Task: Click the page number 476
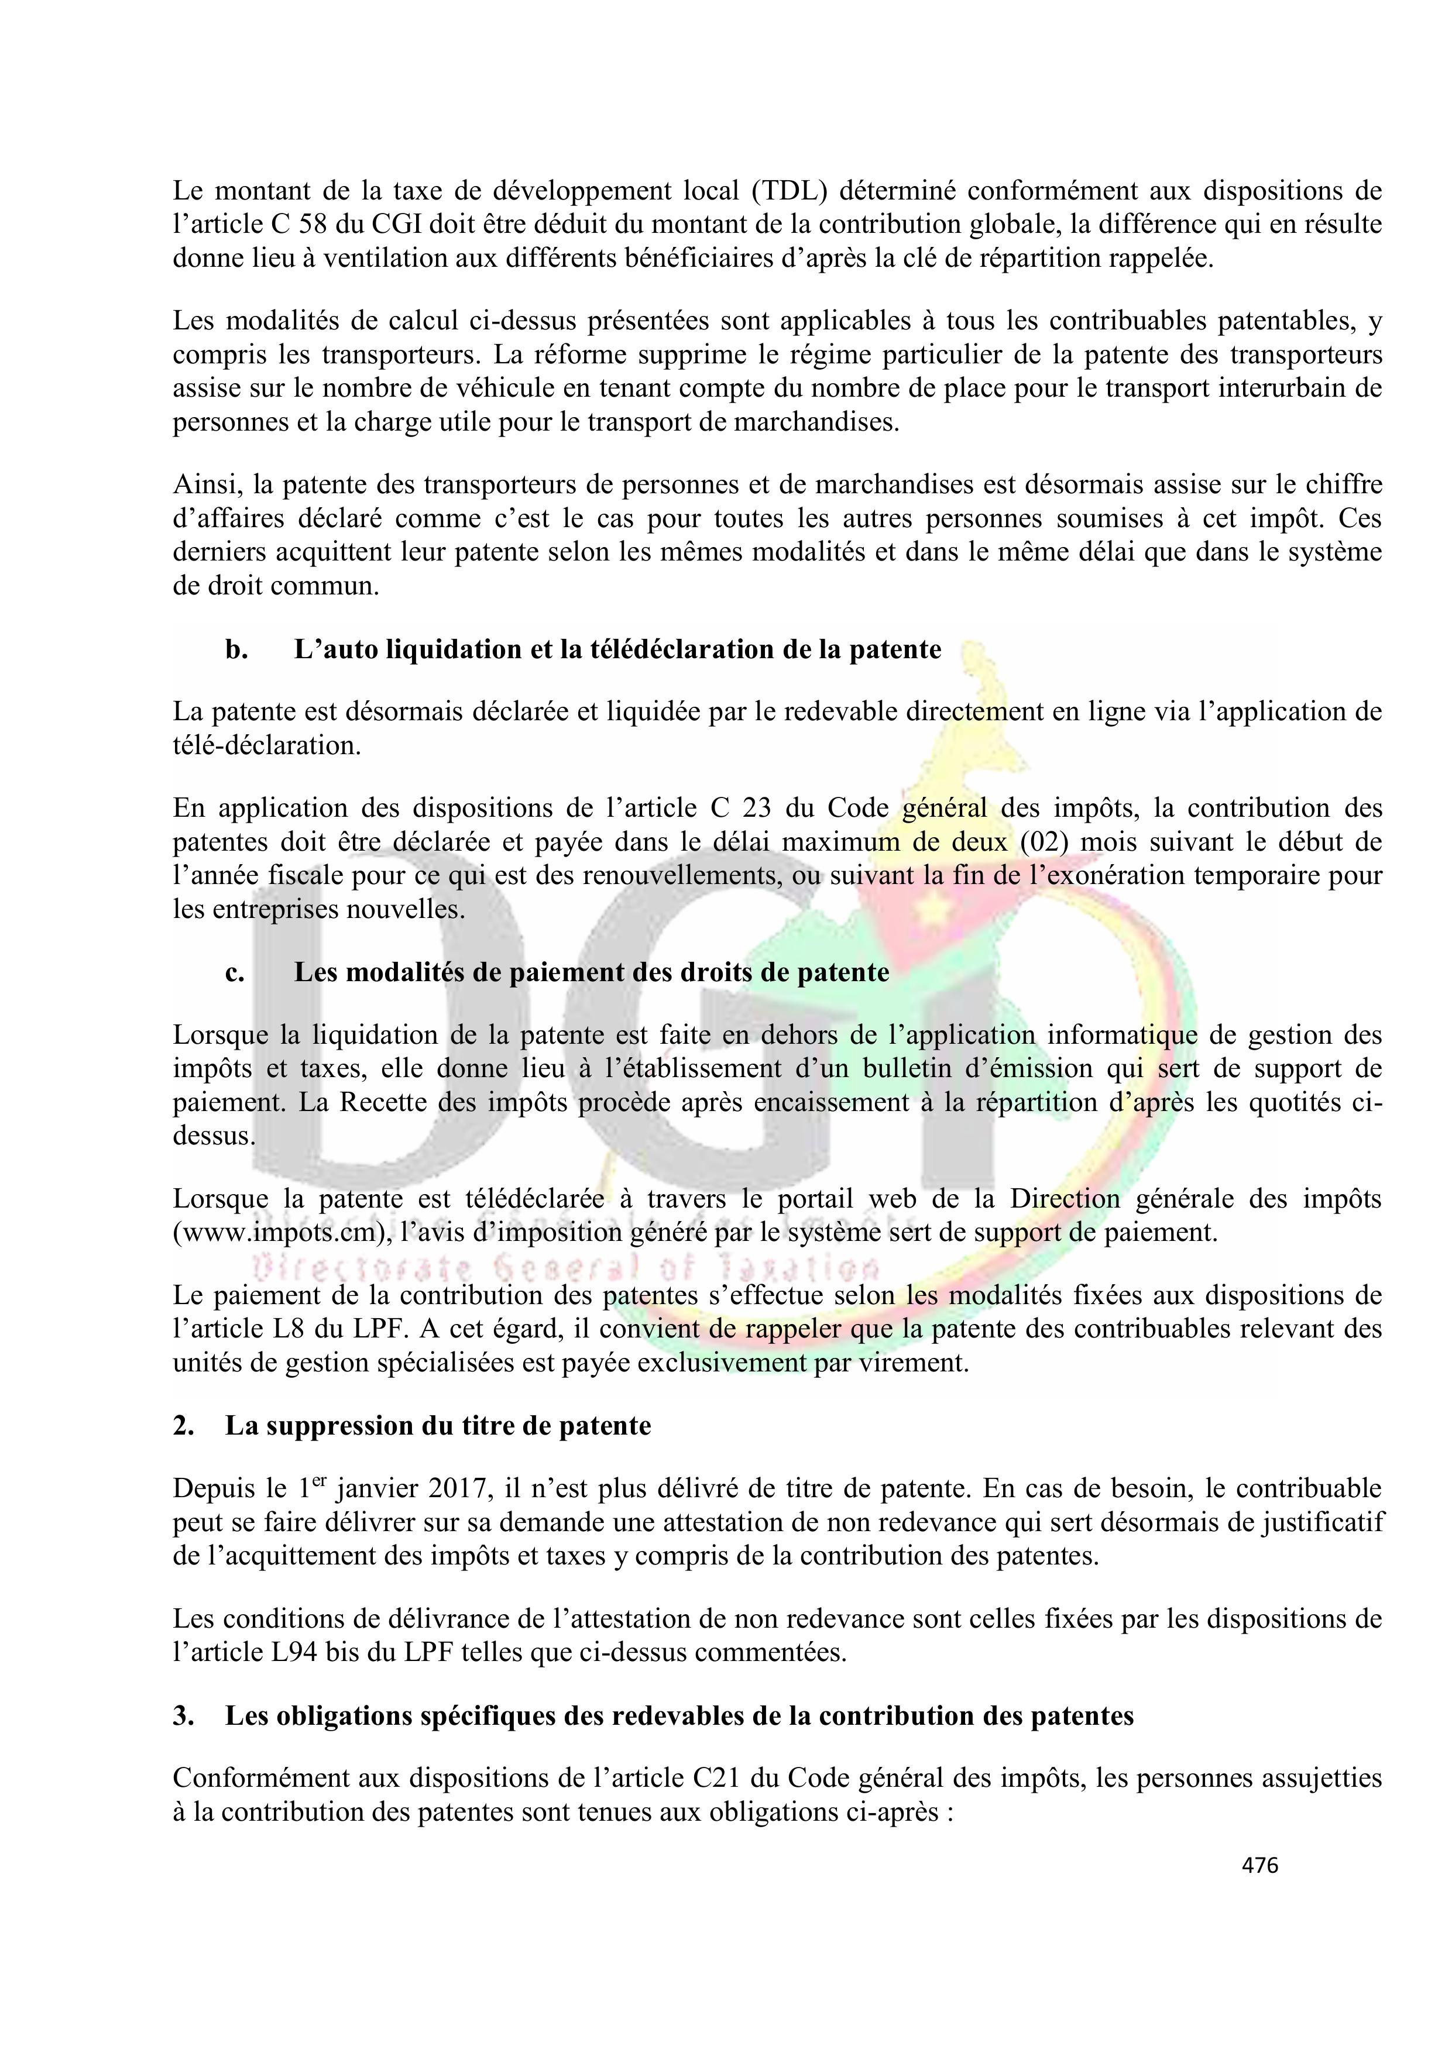[1259, 1865]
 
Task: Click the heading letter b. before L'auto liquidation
[236, 649]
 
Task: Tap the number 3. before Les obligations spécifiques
[183, 1716]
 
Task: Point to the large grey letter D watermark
[358, 1029]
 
